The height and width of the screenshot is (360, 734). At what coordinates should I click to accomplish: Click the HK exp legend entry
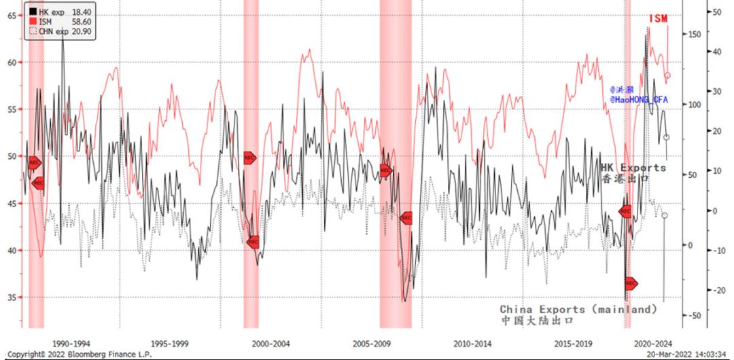click(x=50, y=12)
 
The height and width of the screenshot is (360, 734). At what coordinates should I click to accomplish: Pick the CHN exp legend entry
click(x=50, y=31)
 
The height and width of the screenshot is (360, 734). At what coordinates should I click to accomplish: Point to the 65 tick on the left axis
click(x=12, y=15)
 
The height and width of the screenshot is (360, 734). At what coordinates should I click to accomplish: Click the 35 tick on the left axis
click(x=12, y=298)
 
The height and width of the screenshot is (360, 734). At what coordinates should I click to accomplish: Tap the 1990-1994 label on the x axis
click(x=71, y=343)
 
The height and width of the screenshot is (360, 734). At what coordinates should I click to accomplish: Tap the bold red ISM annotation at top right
click(x=658, y=18)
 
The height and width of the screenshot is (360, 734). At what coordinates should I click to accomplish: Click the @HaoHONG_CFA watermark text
click(x=639, y=100)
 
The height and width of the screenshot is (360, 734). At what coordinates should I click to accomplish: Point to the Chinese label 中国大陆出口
click(x=537, y=320)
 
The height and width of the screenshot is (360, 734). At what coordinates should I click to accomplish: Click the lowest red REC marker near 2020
click(x=631, y=283)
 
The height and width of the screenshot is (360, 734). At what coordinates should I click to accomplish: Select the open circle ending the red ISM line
click(x=667, y=76)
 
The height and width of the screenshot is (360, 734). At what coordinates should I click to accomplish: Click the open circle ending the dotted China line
click(x=664, y=215)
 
